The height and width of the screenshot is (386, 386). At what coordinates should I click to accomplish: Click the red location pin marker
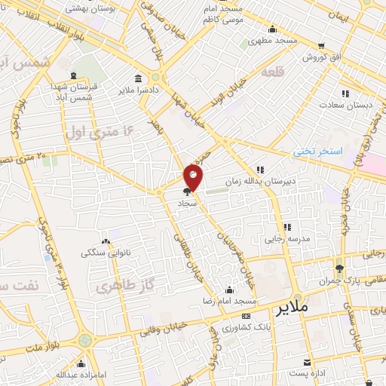194,177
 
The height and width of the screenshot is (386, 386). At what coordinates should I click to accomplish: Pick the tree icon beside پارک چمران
340,267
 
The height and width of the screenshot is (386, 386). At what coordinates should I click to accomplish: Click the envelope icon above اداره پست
307,361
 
